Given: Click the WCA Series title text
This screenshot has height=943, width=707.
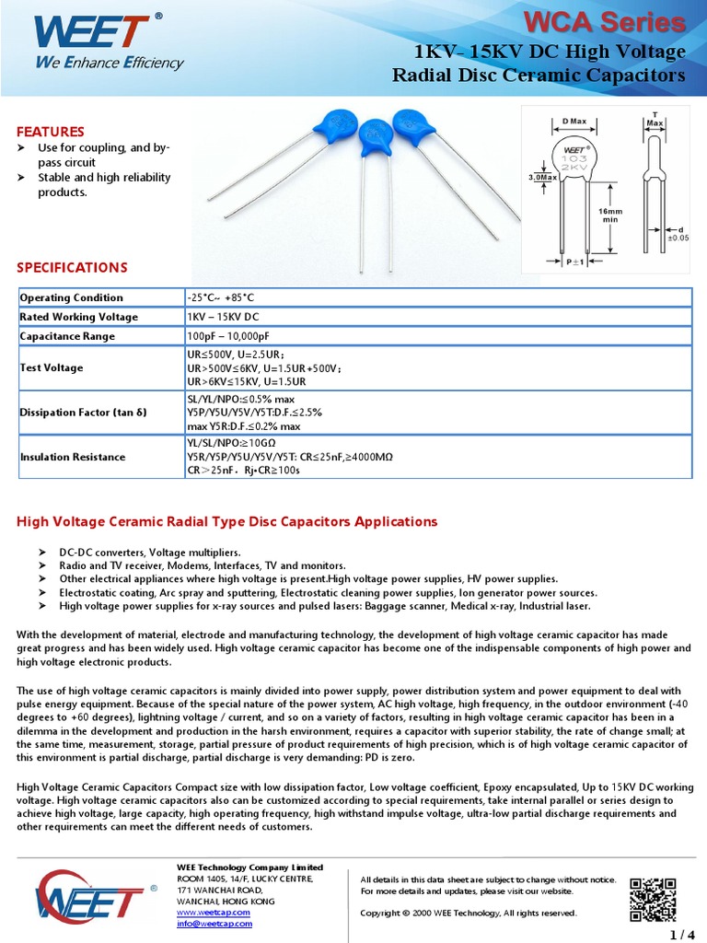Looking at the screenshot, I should [x=618, y=22].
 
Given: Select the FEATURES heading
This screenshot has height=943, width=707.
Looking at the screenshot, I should [x=51, y=132].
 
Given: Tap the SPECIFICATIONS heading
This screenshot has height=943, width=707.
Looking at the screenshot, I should [x=72, y=268].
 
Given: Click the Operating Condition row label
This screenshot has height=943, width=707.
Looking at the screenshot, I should [x=71, y=297].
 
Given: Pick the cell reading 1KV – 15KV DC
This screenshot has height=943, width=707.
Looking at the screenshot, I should [x=226, y=317].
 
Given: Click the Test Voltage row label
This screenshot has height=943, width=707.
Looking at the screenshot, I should [x=52, y=367].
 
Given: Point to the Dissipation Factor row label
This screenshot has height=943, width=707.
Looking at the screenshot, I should [x=83, y=413].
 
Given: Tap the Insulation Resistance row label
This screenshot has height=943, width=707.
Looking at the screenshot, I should [x=73, y=457].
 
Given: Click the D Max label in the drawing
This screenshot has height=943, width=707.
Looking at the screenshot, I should [x=574, y=122].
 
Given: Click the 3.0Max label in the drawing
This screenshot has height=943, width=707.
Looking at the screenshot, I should [x=542, y=177].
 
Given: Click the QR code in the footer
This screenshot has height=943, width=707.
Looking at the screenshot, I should [x=653, y=899].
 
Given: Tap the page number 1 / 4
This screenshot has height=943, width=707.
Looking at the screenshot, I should [x=682, y=936].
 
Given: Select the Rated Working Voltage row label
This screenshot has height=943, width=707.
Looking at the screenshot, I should [x=79, y=317].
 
